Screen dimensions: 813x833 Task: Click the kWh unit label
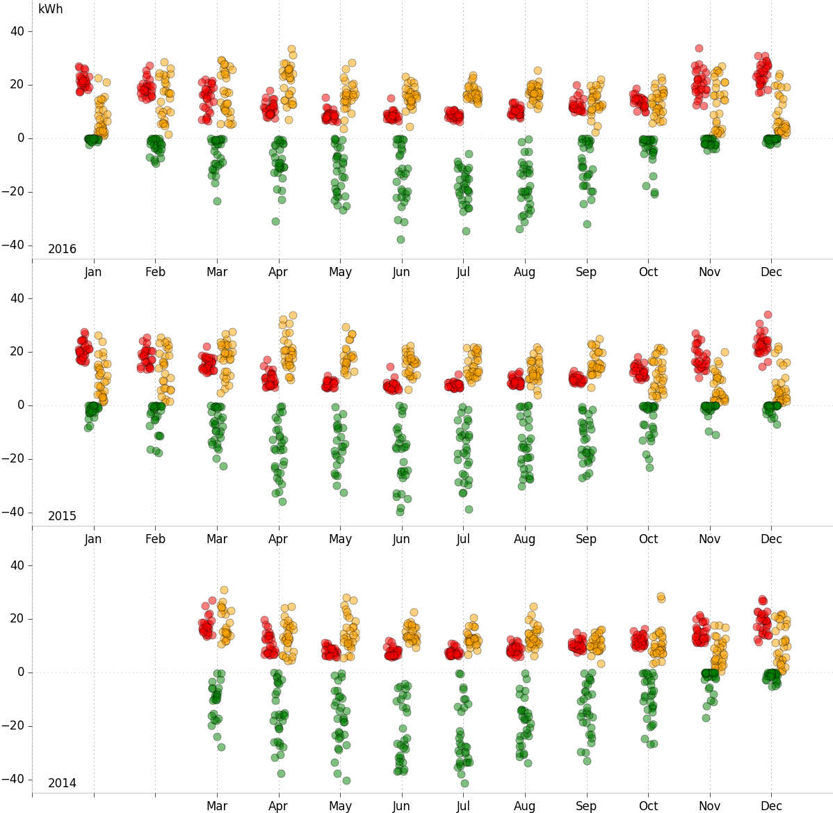coord(50,10)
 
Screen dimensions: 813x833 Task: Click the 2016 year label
coord(62,249)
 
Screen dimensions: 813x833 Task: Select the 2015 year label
coord(62,516)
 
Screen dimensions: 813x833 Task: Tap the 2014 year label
coord(62,783)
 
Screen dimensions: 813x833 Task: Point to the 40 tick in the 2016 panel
coord(17,31)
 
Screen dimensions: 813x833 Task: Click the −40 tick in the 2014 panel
coord(13,779)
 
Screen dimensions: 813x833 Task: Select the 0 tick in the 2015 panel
coord(21,405)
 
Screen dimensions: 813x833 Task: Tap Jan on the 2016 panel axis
coord(93,272)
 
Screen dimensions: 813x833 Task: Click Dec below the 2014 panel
coord(771,806)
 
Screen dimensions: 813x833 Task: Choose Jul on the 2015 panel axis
coord(463,539)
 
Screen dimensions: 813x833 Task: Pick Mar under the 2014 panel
coord(217,806)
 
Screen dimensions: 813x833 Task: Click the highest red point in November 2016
coord(699,49)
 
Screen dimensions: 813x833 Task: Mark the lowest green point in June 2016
coord(401,239)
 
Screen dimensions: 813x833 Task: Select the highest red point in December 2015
coord(768,314)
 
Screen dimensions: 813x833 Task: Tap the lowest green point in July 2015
coord(469,509)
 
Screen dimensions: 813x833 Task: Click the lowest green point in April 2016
coord(275,221)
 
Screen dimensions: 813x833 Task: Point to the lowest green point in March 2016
coord(217,201)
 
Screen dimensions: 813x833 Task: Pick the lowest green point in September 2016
coord(587,224)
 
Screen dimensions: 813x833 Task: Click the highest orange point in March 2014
coord(224,590)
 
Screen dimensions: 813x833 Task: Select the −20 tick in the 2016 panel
coord(13,191)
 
